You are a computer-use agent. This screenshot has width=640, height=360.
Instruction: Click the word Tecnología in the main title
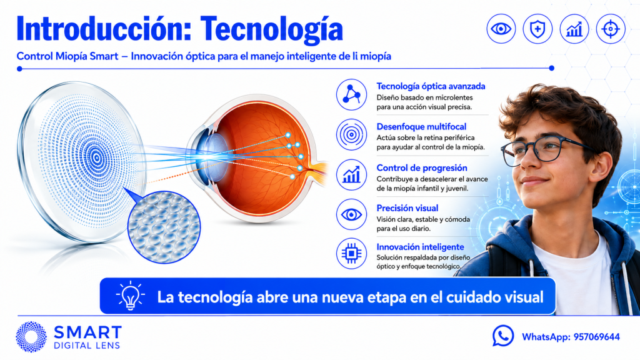point(271,29)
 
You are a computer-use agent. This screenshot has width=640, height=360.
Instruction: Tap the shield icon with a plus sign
point(537,29)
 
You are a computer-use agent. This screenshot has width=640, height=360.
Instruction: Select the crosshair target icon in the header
point(611,29)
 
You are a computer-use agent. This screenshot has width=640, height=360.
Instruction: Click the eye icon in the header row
point(501,29)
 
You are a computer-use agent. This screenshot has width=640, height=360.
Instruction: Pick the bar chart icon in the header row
point(574,29)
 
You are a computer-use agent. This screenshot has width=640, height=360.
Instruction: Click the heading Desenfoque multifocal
point(421,126)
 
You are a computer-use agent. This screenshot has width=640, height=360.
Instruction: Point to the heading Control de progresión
point(422,167)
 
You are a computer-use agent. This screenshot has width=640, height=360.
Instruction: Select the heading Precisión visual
point(407,208)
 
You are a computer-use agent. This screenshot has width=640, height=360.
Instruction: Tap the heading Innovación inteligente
point(420,247)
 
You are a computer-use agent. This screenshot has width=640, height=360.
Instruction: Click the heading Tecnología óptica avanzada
point(431,86)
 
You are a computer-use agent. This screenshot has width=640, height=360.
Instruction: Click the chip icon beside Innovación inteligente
point(351,254)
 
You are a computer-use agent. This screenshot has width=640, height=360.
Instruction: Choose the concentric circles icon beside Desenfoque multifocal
point(351,134)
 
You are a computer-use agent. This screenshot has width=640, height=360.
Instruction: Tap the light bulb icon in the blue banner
point(130,295)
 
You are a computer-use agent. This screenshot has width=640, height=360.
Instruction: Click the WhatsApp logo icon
point(503,336)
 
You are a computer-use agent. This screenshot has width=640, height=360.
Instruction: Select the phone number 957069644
point(597,337)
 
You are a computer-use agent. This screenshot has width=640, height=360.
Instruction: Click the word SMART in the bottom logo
point(87,332)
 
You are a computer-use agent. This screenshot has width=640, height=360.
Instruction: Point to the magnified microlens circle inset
point(164,227)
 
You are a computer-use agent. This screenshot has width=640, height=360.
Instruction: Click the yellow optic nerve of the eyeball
point(318,169)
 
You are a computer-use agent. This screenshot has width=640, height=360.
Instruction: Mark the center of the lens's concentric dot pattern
point(97,157)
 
